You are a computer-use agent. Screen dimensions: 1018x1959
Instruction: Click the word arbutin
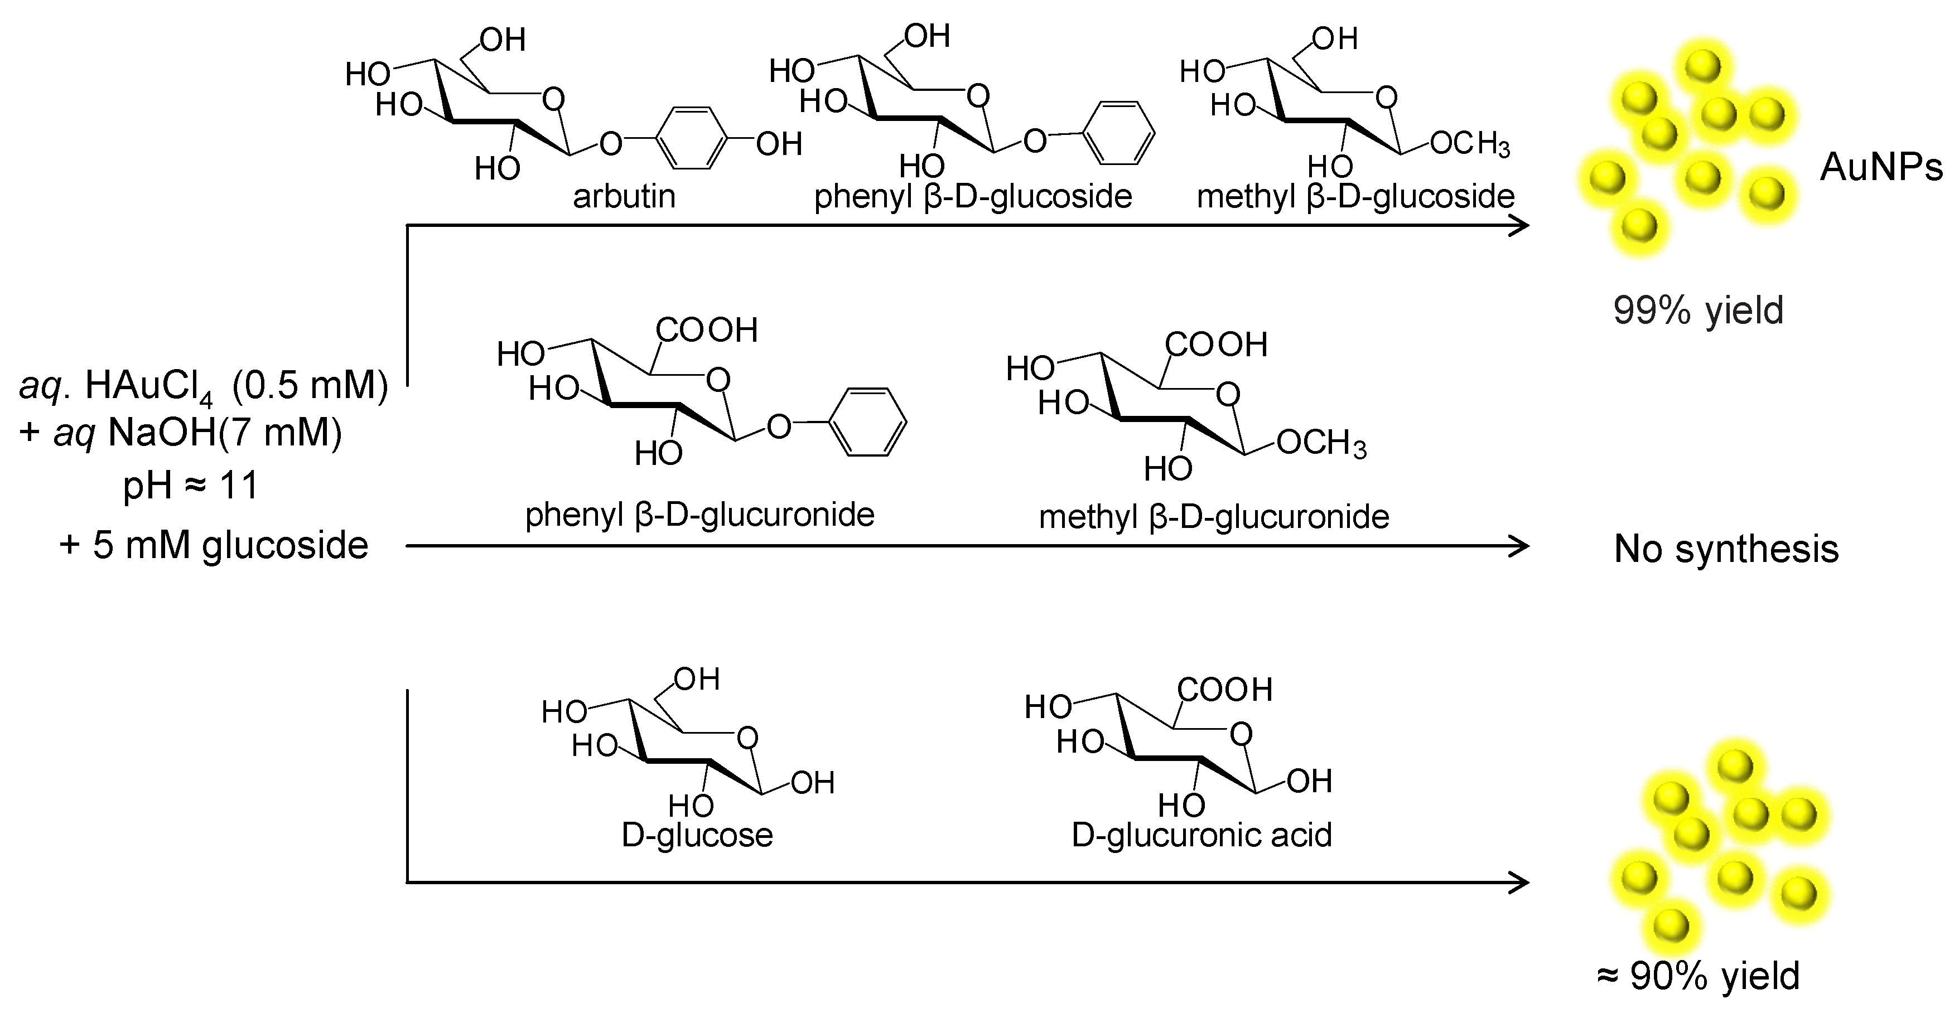click(x=624, y=196)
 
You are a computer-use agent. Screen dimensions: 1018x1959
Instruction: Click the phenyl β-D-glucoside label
click(x=973, y=196)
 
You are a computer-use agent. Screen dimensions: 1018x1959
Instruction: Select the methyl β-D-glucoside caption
click(x=1355, y=196)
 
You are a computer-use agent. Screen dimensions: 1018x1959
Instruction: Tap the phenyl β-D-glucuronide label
click(x=699, y=515)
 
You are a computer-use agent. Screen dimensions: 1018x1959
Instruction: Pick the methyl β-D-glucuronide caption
click(x=1214, y=517)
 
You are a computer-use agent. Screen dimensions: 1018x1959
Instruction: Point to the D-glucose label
click(x=697, y=835)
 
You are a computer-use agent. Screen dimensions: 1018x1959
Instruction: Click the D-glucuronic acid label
click(x=1202, y=835)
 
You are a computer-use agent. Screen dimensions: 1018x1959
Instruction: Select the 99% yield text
click(x=1698, y=310)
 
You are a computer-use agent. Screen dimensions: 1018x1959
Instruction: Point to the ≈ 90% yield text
click(x=1698, y=976)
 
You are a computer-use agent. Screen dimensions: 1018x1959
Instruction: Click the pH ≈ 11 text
click(x=191, y=484)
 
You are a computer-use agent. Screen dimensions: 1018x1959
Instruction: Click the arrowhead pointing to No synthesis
click(x=1519, y=546)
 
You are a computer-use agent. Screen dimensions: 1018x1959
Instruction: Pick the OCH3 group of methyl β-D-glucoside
click(x=1469, y=144)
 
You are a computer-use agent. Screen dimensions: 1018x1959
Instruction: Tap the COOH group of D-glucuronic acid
click(x=1224, y=690)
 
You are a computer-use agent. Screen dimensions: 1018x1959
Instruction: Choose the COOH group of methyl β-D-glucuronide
click(x=1216, y=345)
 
